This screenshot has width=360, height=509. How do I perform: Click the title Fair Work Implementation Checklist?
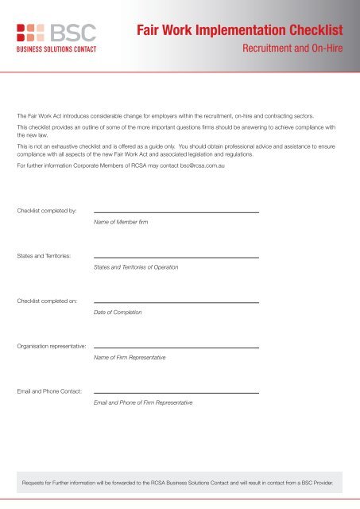point(241,32)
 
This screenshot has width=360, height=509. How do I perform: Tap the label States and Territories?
point(45,256)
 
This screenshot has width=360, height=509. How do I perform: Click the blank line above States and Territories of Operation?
point(176,257)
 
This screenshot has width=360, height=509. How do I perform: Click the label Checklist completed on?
point(47,301)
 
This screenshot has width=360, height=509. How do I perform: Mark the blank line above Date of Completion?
point(176,302)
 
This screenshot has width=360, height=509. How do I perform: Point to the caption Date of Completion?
point(118,313)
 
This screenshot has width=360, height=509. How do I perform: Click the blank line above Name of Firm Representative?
point(176,348)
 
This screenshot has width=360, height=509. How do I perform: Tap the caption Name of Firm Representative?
point(130,358)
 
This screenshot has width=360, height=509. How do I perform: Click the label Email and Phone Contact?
point(49,392)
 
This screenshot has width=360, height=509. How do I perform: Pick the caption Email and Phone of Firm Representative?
point(143,403)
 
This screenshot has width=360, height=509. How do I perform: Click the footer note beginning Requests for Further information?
point(180,481)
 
